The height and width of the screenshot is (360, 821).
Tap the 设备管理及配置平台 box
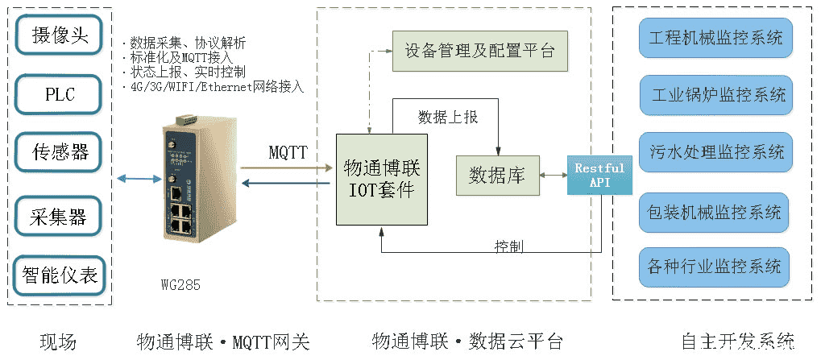pos(479,51)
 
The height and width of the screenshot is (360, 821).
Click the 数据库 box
pos(498,176)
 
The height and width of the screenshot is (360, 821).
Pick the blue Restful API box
pos(599,175)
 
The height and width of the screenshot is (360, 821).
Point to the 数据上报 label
pos(448,118)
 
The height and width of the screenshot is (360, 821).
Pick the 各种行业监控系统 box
pos(714,266)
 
